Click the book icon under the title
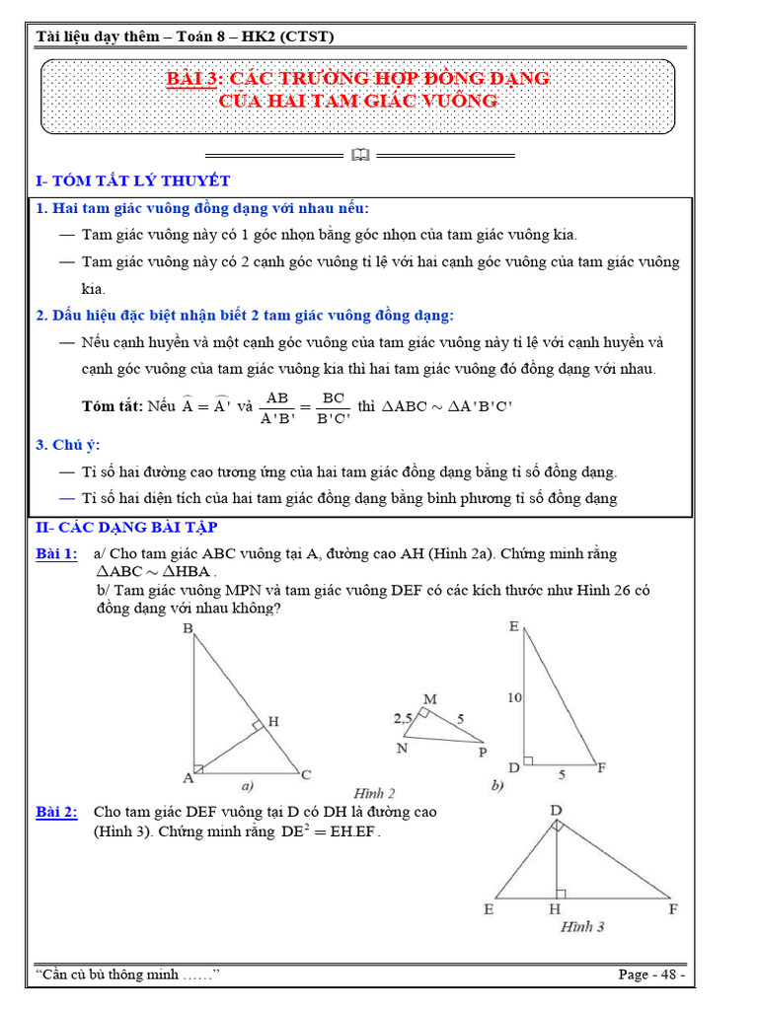[x=360, y=155]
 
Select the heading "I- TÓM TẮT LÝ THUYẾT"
[x=132, y=180]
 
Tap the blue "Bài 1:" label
[x=56, y=554]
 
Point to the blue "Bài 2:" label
[x=56, y=813]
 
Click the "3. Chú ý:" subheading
[x=68, y=445]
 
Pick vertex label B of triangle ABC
[x=188, y=628]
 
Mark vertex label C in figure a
[x=307, y=774]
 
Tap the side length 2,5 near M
[x=402, y=718]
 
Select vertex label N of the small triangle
[x=403, y=748]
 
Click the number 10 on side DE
[x=514, y=697]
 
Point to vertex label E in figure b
[x=514, y=626]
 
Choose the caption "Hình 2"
[x=374, y=793]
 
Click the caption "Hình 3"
[x=582, y=927]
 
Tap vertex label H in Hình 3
[x=556, y=909]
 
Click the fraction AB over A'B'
[x=278, y=406]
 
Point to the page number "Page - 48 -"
[x=651, y=974]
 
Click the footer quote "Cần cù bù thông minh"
[x=126, y=974]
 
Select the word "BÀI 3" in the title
[x=190, y=78]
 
